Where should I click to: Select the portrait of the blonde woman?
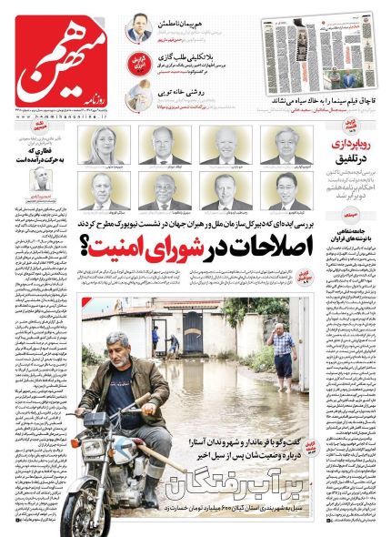[105, 147]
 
